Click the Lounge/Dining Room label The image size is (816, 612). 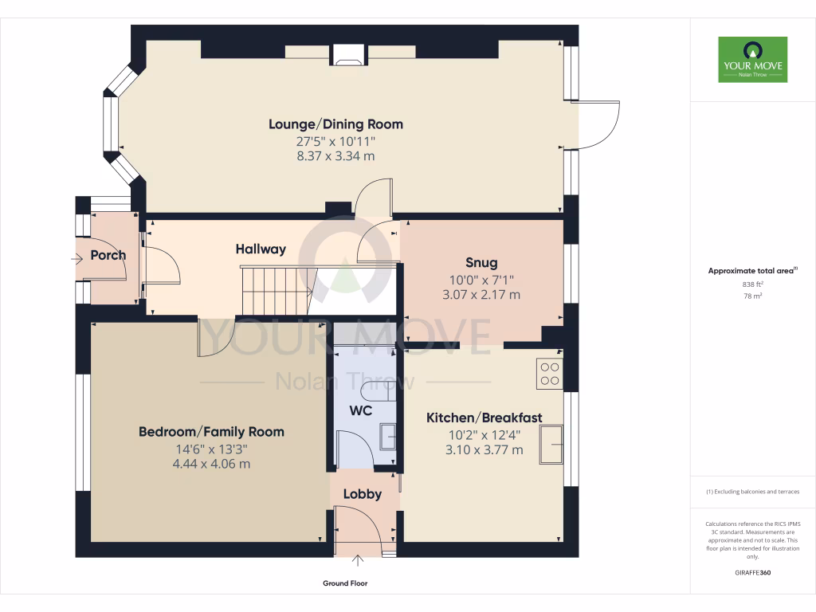coord(335,124)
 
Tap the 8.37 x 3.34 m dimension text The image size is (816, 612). coord(335,156)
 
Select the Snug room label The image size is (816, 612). coord(481,263)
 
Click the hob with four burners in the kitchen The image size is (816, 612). coord(550,374)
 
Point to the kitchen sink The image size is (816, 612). coord(551,444)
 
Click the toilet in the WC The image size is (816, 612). coord(375,392)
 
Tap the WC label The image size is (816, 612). coord(361,413)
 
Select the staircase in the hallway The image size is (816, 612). coord(274,291)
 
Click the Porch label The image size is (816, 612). coord(108,256)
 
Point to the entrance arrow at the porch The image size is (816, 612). coord(76,258)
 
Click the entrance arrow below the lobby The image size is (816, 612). coord(359,563)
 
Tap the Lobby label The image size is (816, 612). coord(362,494)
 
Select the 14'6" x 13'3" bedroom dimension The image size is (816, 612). coord(211,449)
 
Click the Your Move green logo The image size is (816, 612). coord(752,59)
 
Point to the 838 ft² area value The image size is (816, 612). coord(752,284)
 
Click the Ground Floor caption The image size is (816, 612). coord(345,583)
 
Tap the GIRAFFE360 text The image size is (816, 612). coord(752,573)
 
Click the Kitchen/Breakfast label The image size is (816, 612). coord(484,418)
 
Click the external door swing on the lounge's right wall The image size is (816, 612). coord(598,125)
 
